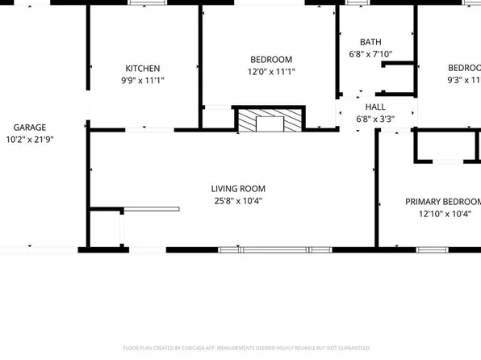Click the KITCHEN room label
point(142,69)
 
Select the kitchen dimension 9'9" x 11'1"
point(142,80)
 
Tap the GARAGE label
point(29,128)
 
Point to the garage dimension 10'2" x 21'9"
point(29,139)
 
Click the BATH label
point(370,42)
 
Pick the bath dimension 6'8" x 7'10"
point(370,54)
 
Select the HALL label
point(375,107)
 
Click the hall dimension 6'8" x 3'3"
point(375,119)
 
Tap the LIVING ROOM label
point(239,189)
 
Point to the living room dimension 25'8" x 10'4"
point(239,201)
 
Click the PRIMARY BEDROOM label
point(442,202)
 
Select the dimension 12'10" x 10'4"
point(442,214)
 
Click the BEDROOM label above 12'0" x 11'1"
point(271,60)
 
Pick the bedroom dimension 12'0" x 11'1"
point(271,72)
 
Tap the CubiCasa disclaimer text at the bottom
point(240,348)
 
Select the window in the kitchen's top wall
point(145,2)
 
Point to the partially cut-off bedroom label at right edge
point(464,68)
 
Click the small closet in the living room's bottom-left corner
point(105,228)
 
